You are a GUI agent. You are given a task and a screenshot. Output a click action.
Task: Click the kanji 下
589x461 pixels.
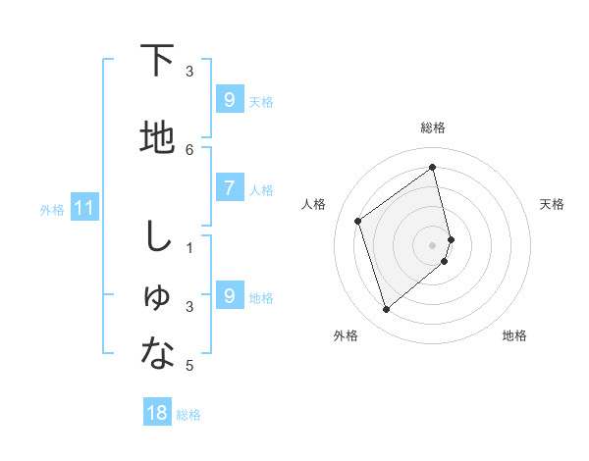click(x=157, y=61)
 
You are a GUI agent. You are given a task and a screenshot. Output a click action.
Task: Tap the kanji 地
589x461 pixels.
click(x=157, y=138)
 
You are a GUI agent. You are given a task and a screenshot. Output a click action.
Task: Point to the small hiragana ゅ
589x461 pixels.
click(x=157, y=299)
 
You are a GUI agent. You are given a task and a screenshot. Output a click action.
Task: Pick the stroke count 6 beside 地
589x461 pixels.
click(x=189, y=149)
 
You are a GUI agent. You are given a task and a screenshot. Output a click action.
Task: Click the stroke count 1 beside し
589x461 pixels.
click(x=189, y=247)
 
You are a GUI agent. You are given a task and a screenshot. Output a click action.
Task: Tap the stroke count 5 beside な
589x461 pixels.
click(x=189, y=366)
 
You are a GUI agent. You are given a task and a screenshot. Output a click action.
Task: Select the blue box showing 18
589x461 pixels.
click(x=157, y=413)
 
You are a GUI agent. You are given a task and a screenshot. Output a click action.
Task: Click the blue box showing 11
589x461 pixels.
click(x=83, y=208)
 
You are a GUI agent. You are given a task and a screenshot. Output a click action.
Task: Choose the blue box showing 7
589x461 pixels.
click(x=229, y=187)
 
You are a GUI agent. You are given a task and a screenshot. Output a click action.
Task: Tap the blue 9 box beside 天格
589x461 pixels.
click(x=229, y=99)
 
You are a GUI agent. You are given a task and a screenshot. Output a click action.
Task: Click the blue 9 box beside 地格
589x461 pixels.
click(x=229, y=295)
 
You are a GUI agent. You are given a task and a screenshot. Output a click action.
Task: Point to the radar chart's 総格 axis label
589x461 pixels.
click(x=433, y=128)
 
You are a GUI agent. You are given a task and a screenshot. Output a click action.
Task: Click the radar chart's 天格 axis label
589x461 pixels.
click(x=552, y=204)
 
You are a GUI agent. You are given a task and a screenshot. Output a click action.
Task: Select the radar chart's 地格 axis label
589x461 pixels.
click(x=514, y=335)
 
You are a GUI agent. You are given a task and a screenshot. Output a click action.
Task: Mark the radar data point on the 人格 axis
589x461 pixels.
click(x=358, y=221)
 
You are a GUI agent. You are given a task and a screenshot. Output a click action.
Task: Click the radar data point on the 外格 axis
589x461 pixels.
click(x=386, y=310)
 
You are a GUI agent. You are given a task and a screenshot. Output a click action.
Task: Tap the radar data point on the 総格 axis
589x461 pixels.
click(x=433, y=168)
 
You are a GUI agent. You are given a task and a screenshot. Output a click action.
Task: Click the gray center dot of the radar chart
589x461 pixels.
click(x=433, y=244)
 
